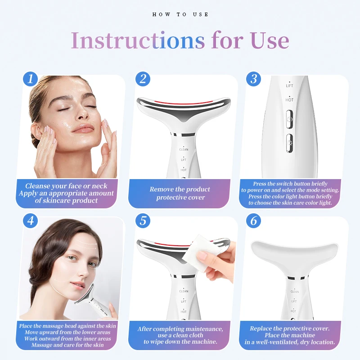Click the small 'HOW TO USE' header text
pyautogui.click(x=180, y=14)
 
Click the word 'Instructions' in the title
pyautogui.click(x=138, y=41)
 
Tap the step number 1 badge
pyautogui.click(x=30, y=79)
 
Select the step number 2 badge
pyautogui.click(x=143, y=79)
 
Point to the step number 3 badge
pyautogui.click(x=254, y=79)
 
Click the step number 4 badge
pyautogui.click(x=30, y=221)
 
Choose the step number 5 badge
pyautogui.click(x=143, y=221)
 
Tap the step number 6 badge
pyautogui.click(x=254, y=221)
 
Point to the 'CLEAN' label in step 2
pyautogui.click(x=184, y=149)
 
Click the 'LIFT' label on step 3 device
pyautogui.click(x=289, y=85)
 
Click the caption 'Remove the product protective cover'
pyautogui.click(x=180, y=193)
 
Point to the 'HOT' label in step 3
pyautogui.click(x=289, y=100)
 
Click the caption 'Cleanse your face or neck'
pyautogui.click(x=67, y=186)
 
